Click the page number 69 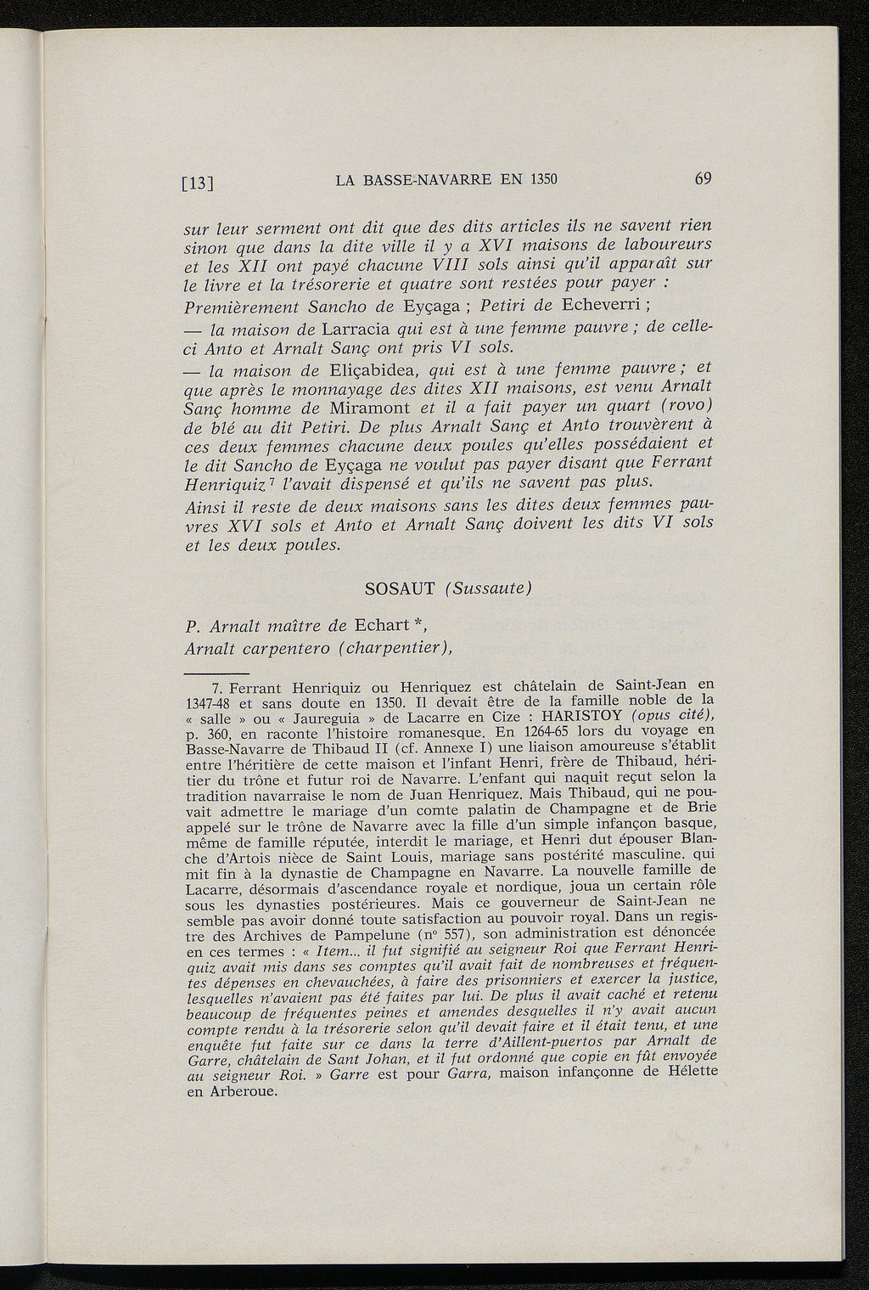pos(702,178)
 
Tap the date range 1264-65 pos(530,730)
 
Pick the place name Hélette pos(686,1072)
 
